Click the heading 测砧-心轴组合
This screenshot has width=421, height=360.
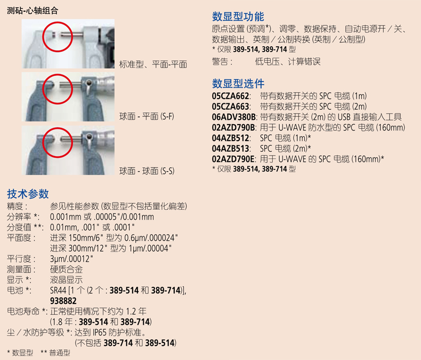pyautogui.click(x=33, y=11)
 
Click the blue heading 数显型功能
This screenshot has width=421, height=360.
pyautogui.click(x=238, y=17)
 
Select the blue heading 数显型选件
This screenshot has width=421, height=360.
pyautogui.click(x=238, y=84)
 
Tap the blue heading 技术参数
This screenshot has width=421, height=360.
pyautogui.click(x=28, y=194)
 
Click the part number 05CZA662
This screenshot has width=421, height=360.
pyautogui.click(x=230, y=96)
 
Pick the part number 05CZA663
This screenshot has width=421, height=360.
pyautogui.click(x=230, y=107)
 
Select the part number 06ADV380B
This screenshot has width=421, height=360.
pyautogui.click(x=233, y=117)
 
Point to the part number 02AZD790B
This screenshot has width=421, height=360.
pyautogui.click(x=233, y=127)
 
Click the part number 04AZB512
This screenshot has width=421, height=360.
pyautogui.click(x=230, y=138)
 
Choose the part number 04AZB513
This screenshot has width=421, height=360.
pyautogui.click(x=230, y=149)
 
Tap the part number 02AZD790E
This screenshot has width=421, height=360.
pyautogui.click(x=233, y=159)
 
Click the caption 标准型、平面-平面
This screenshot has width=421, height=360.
pyautogui.click(x=153, y=64)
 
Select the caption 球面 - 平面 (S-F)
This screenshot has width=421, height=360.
pyautogui.click(x=147, y=117)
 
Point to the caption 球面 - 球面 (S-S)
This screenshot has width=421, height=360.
pyautogui.click(x=147, y=171)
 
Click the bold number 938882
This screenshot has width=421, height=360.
pyautogui.click(x=63, y=301)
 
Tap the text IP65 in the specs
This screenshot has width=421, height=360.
pyautogui.click(x=100, y=332)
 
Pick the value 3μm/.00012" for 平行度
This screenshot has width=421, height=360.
pyautogui.click(x=72, y=259)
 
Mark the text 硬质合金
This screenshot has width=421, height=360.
pyautogui.click(x=66, y=269)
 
